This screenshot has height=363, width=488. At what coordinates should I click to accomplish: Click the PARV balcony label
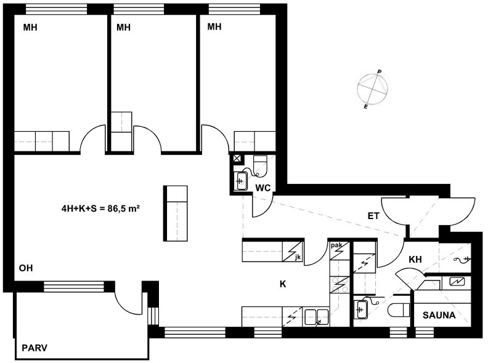(35, 348)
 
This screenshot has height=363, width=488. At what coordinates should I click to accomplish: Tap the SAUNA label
(439, 316)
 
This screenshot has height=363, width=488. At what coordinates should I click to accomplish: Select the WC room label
(263, 188)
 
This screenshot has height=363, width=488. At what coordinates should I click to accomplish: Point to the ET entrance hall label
(373, 216)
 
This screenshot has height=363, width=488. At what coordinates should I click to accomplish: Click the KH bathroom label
(415, 259)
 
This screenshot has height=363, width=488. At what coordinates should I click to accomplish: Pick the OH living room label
(26, 268)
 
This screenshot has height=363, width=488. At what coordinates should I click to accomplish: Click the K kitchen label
(283, 284)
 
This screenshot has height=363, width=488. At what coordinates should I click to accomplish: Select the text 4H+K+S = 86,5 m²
(100, 209)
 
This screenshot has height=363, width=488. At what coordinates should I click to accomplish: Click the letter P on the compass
(380, 72)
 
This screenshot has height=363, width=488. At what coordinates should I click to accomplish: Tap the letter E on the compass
(365, 107)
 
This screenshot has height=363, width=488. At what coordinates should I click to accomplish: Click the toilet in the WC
(260, 166)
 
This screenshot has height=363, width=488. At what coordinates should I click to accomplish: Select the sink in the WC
(240, 180)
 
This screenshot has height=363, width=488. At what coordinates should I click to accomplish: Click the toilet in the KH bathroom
(399, 310)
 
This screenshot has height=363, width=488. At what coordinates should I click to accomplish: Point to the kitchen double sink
(316, 317)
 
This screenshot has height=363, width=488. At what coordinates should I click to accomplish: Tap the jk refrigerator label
(298, 257)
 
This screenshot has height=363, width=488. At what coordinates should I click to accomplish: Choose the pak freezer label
(336, 245)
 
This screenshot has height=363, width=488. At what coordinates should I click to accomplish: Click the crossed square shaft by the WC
(237, 159)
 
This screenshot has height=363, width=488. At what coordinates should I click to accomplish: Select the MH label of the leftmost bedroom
(30, 28)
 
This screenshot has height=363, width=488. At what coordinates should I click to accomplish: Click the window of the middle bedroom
(139, 10)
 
